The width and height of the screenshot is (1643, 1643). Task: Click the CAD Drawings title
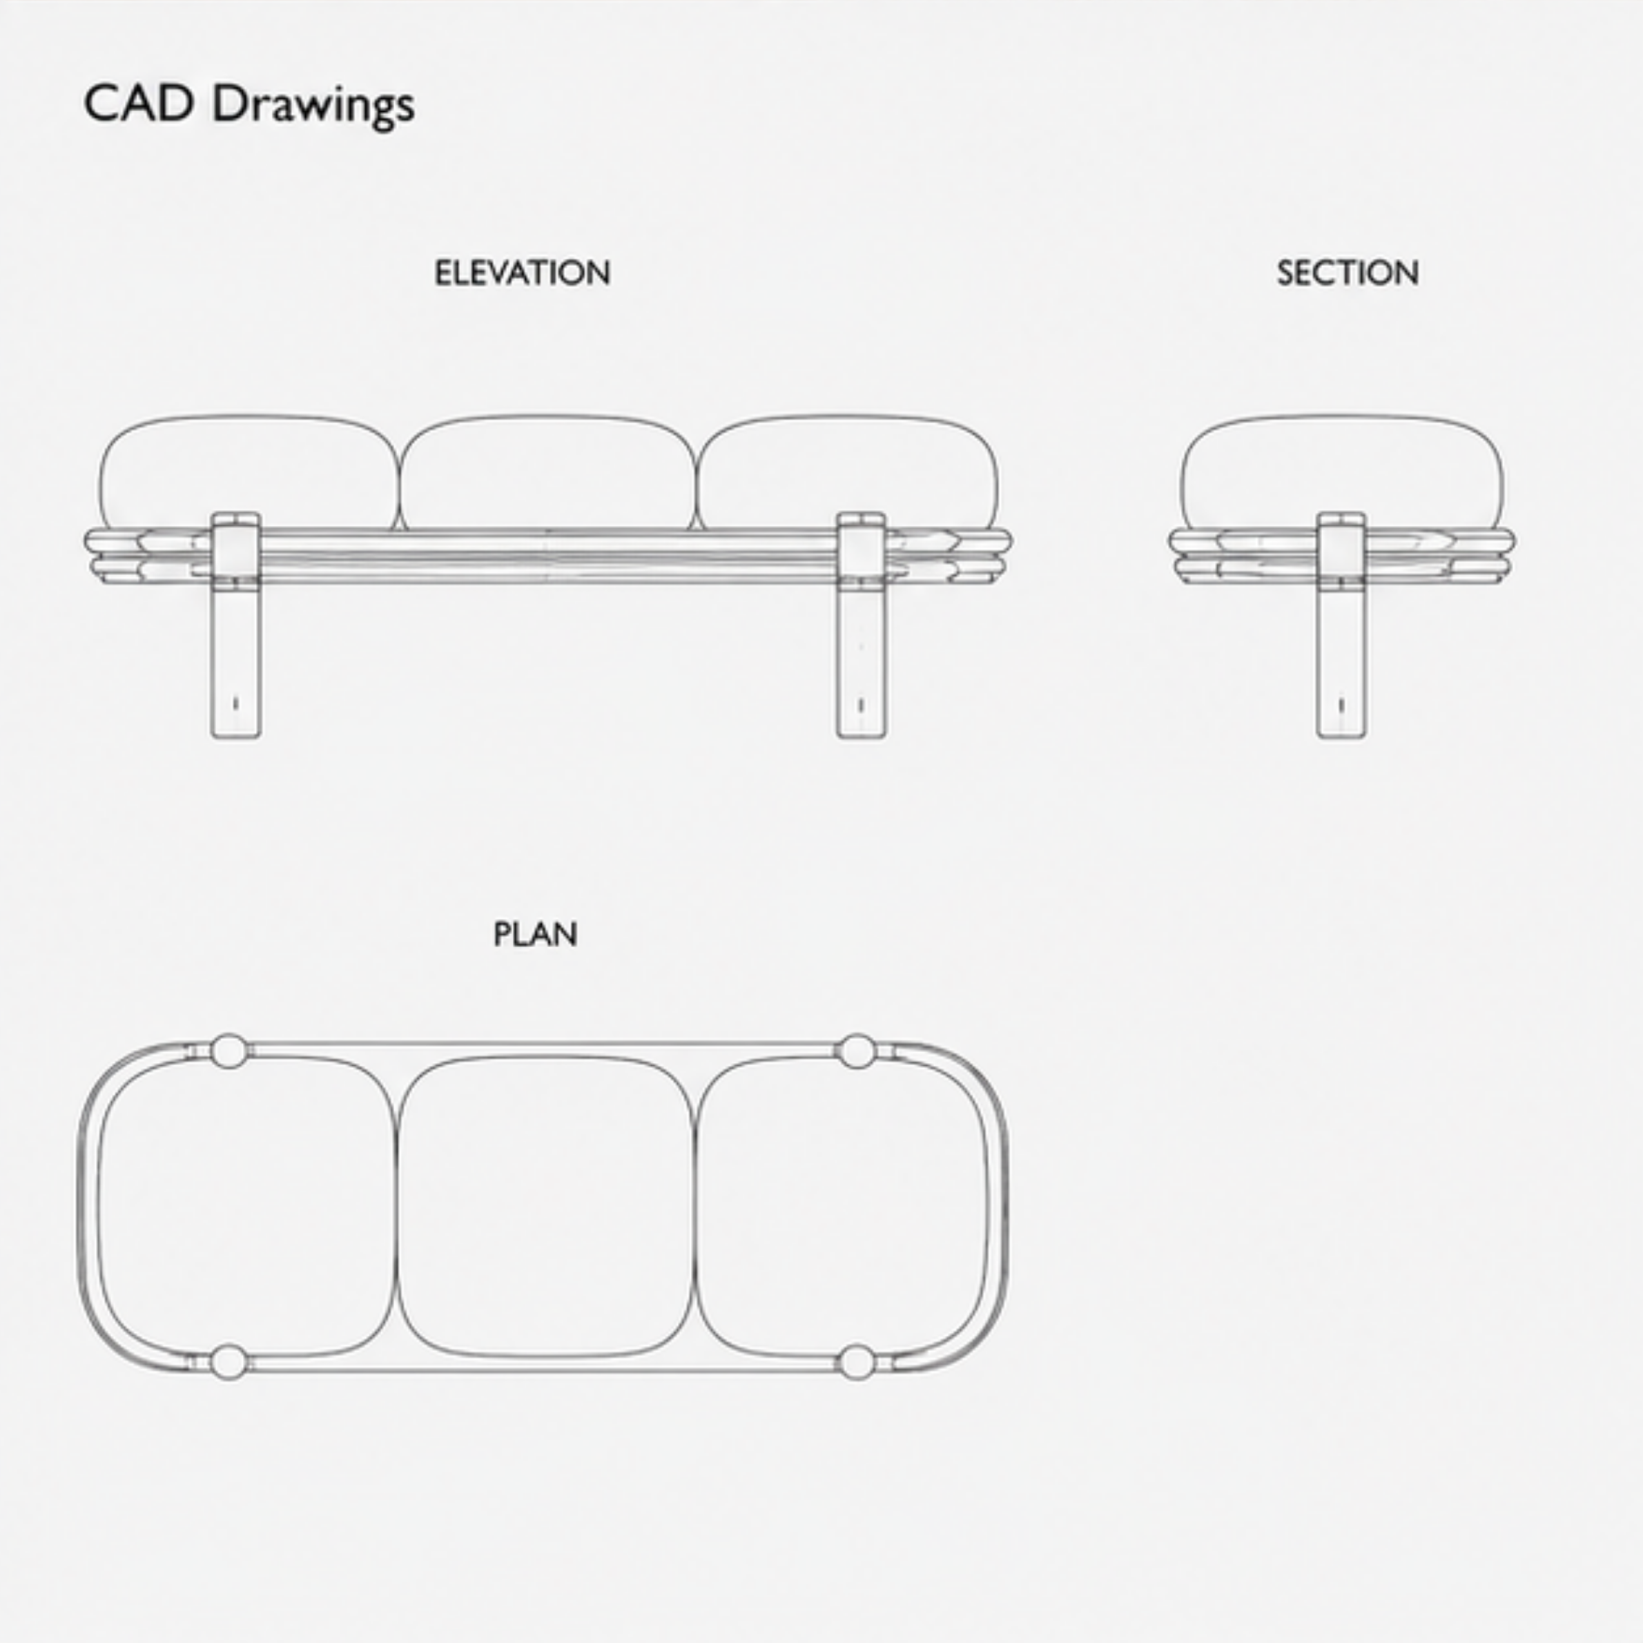pos(249,106)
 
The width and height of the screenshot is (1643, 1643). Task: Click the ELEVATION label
pos(522,273)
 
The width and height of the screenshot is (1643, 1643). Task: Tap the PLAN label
pos(535,935)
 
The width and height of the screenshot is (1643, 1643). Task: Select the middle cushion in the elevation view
pos(547,473)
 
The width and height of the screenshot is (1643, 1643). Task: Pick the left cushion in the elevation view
pos(249,473)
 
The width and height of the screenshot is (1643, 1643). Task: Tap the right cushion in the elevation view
pos(847,473)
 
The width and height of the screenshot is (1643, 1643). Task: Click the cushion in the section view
pos(1341,473)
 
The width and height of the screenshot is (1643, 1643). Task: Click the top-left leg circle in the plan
pos(228,1051)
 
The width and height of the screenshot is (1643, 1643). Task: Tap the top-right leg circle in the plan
pos(857,1051)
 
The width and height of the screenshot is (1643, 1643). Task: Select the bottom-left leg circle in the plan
pos(228,1361)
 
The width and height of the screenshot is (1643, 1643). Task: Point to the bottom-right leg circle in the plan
pos(857,1361)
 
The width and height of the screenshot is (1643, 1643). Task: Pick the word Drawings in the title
pos(313,107)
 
